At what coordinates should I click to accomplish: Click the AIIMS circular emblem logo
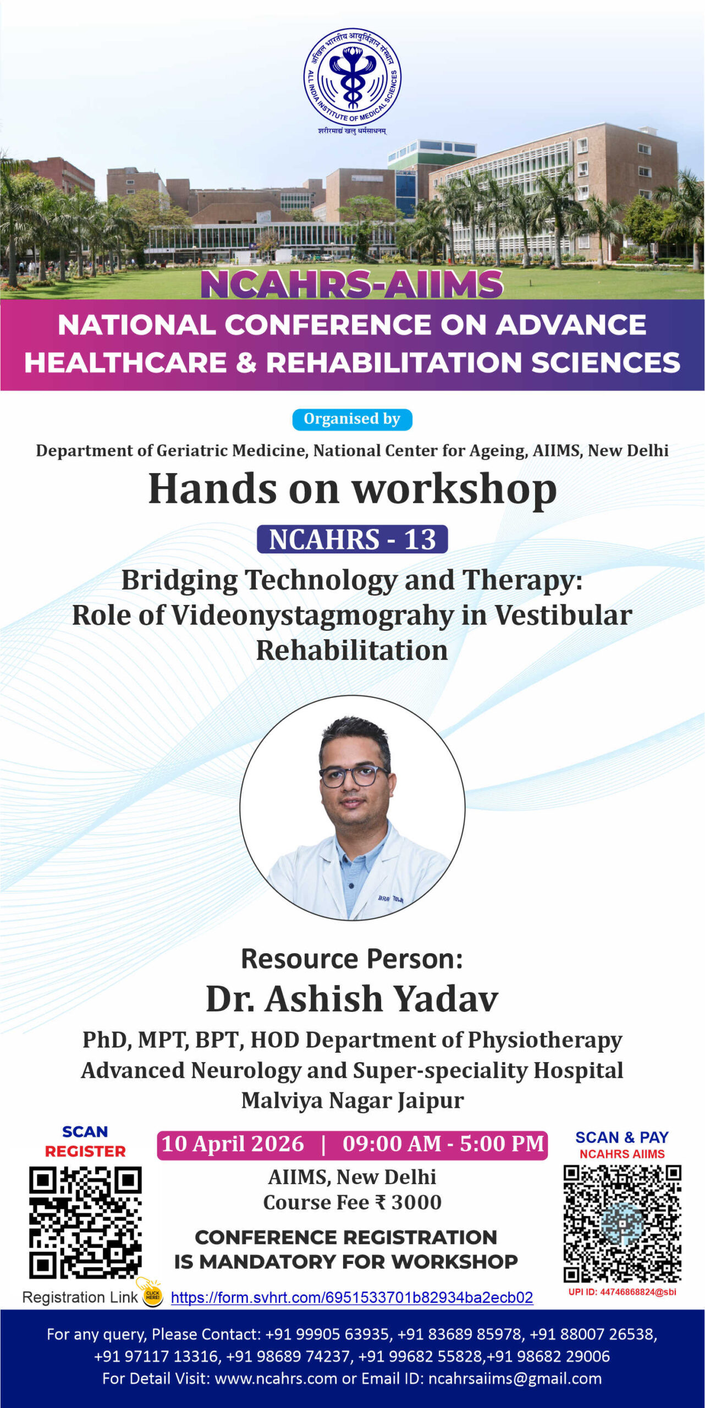pyautogui.click(x=352, y=78)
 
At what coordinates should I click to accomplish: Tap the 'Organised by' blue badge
pyautogui.click(x=352, y=419)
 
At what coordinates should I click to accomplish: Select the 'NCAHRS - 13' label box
pyautogui.click(x=352, y=539)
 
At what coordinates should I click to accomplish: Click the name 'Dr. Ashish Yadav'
pyautogui.click(x=352, y=999)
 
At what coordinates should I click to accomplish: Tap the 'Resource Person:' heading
pyautogui.click(x=352, y=959)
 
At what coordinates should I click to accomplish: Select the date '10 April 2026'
pyautogui.click(x=233, y=1143)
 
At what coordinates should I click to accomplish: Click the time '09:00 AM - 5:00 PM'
pyautogui.click(x=443, y=1143)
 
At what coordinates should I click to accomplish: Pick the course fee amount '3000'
pyautogui.click(x=416, y=1202)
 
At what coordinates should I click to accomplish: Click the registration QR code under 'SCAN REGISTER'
pyautogui.click(x=85, y=1222)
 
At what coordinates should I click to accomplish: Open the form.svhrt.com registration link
pyautogui.click(x=352, y=1297)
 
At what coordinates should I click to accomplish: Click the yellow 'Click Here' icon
pyautogui.click(x=152, y=1294)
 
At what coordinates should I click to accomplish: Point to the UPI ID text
pyautogui.click(x=622, y=1292)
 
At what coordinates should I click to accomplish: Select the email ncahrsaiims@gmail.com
pyautogui.click(x=515, y=1378)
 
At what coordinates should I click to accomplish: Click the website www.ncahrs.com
pyautogui.click(x=276, y=1378)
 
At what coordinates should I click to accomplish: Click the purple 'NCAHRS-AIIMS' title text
pyautogui.click(x=352, y=284)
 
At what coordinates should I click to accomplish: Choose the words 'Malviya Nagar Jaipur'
pyautogui.click(x=352, y=1101)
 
